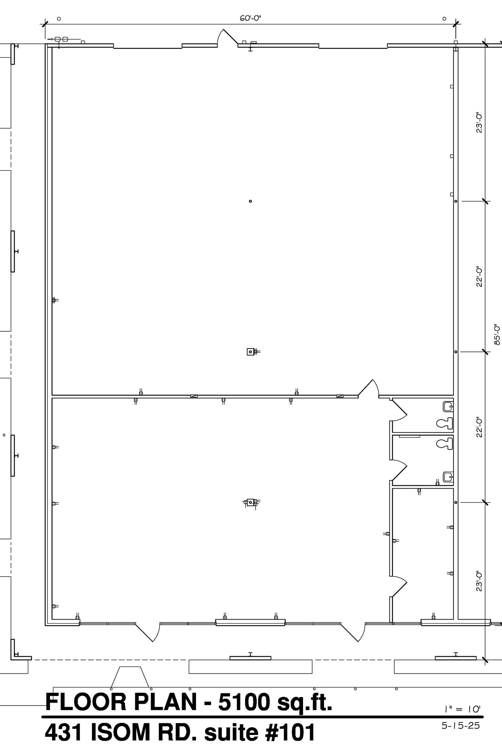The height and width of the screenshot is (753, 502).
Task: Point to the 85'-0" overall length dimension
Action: (497, 334)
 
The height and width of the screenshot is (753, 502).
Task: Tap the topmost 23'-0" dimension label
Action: (479, 122)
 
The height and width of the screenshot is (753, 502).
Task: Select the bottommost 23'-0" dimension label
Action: (479, 581)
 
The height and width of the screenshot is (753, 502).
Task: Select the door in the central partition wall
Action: (369, 388)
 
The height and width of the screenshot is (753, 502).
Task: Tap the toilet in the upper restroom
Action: (445, 423)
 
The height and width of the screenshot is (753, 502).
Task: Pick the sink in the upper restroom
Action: (448, 407)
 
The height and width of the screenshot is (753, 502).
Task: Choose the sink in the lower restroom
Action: (448, 477)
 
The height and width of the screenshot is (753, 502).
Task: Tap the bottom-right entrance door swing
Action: (353, 632)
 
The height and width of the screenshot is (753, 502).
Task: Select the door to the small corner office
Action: (398, 587)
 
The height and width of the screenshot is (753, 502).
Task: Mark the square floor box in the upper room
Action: (250, 352)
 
